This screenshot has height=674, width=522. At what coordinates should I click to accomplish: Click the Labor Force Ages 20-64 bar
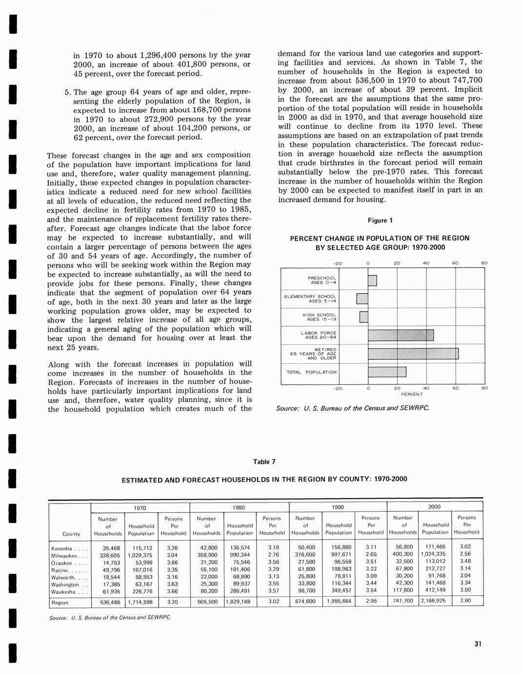click(x=401, y=335)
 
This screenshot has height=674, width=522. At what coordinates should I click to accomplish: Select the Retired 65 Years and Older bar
click(x=413, y=354)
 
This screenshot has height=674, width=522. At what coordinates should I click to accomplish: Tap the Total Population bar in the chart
click(x=386, y=372)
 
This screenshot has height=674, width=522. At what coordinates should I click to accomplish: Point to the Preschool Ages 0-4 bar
click(x=372, y=281)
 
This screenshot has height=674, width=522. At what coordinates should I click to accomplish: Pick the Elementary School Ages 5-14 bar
click(x=362, y=298)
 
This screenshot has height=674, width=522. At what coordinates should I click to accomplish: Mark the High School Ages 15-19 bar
click(x=363, y=317)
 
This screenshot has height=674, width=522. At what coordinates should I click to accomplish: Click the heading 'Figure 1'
click(x=380, y=221)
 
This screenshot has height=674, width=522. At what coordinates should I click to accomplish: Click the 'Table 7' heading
click(x=264, y=462)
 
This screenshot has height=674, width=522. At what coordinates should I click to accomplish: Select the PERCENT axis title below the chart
click(x=412, y=394)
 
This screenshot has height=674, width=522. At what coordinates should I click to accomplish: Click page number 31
click(x=478, y=644)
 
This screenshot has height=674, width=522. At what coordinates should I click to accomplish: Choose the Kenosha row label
click(x=61, y=548)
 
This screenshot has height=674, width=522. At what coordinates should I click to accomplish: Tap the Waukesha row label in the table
click(x=64, y=592)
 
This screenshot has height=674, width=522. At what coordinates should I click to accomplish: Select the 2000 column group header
click(x=434, y=507)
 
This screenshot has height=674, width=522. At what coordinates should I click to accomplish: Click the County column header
click(x=71, y=533)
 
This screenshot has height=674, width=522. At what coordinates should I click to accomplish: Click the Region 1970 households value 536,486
click(x=110, y=602)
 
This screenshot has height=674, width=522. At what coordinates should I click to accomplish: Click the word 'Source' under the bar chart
click(x=287, y=408)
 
